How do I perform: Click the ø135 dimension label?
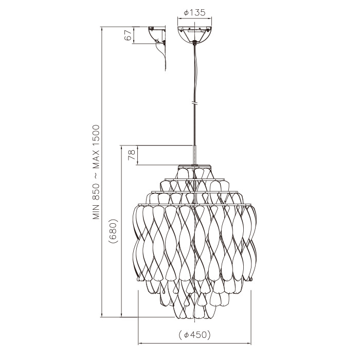coord(195,13)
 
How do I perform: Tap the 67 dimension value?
coord(129,35)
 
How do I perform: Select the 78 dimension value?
coord(132,155)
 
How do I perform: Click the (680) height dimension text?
coord(114,231)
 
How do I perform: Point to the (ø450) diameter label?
coord(195,335)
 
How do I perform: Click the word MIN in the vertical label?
coord(96,211)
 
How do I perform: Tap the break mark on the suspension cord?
coord(195,103)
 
